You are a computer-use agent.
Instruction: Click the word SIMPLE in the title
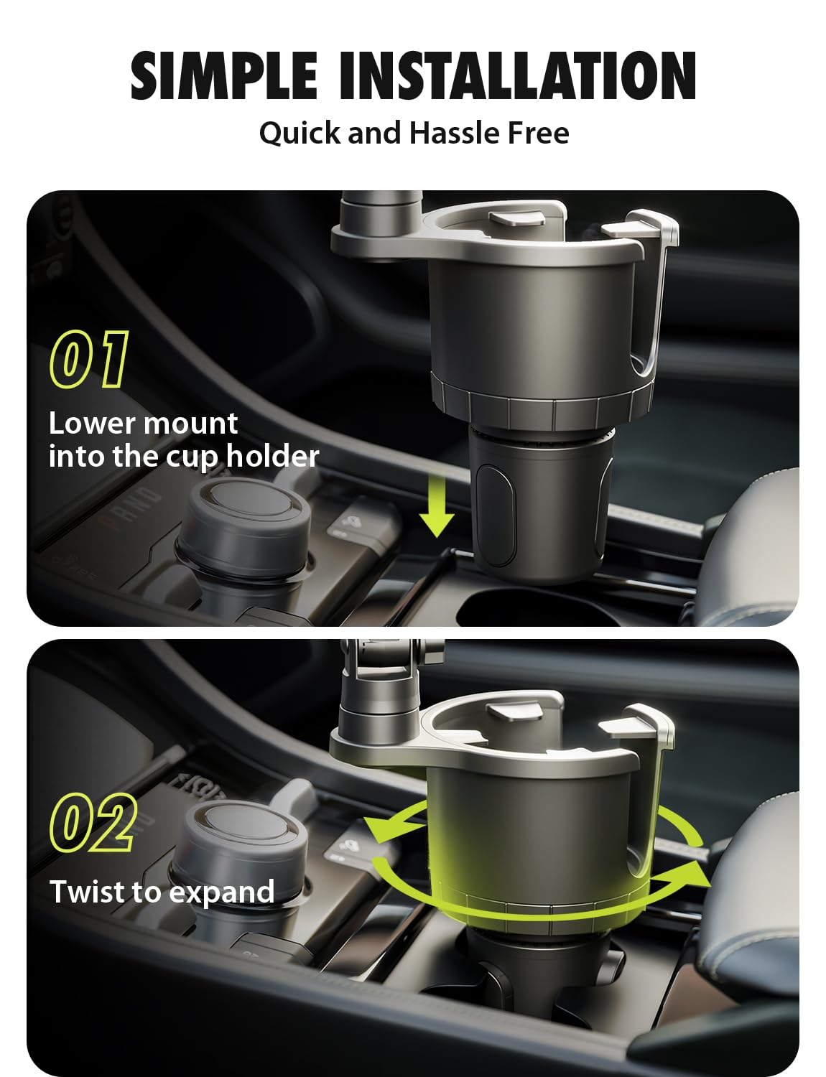[x=223, y=76]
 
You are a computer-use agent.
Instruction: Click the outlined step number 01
[x=89, y=359]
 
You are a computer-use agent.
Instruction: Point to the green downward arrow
[x=436, y=505]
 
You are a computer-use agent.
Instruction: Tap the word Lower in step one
[x=92, y=424]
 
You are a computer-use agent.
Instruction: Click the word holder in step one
[x=273, y=456]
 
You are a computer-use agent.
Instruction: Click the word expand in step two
[x=222, y=893]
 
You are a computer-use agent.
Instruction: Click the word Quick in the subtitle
[x=300, y=134]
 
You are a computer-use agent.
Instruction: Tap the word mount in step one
[x=191, y=425]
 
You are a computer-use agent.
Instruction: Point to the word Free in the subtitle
[x=538, y=133]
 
